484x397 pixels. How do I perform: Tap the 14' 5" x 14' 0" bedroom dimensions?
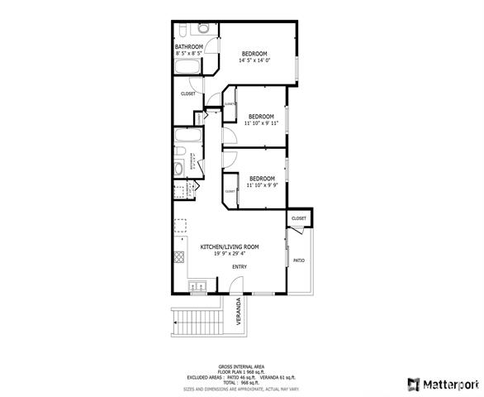coord(254,60)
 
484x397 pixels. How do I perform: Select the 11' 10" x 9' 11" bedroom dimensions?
coord(261,123)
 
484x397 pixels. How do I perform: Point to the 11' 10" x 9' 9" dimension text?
coord(262,185)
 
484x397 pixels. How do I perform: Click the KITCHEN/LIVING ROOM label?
coord(230,246)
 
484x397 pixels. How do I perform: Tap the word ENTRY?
coord(240,266)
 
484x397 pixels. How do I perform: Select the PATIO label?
coord(298,261)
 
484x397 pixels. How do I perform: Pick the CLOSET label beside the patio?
coord(298,218)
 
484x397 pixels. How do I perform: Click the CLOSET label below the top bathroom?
coord(188,93)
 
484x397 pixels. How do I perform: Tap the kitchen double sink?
coord(197,288)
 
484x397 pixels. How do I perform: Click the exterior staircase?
coord(198,319)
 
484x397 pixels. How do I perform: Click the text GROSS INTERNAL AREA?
coord(241,366)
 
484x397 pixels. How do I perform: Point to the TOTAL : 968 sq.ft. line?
coord(241,382)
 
